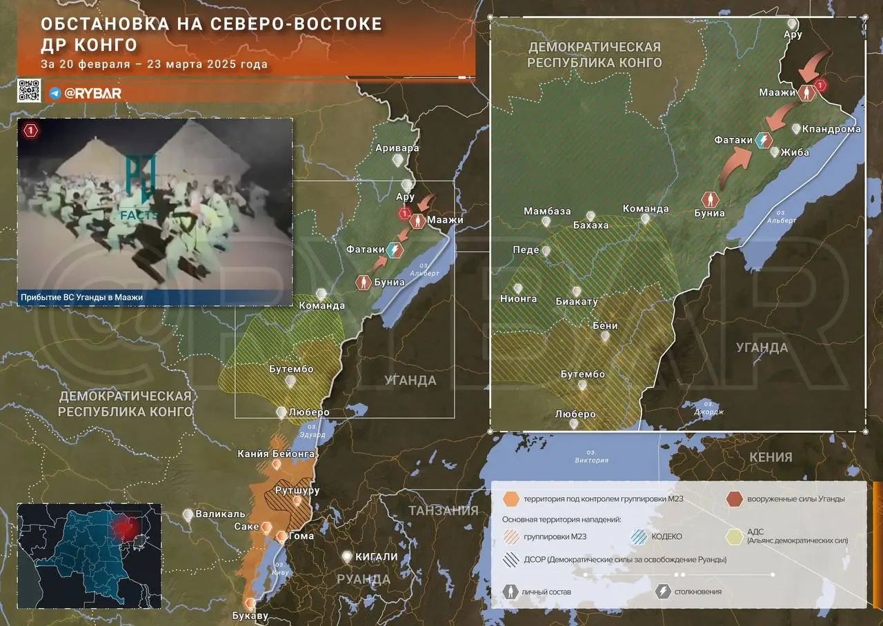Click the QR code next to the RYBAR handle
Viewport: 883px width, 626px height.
click(x=30, y=91)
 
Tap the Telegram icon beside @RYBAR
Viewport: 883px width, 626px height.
click(x=54, y=93)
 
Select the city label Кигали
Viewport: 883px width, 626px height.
click(x=376, y=557)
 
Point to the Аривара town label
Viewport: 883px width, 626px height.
click(x=397, y=148)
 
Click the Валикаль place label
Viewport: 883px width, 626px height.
click(x=220, y=514)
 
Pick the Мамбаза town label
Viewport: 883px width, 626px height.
click(x=547, y=210)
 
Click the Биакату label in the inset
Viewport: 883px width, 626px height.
click(x=577, y=301)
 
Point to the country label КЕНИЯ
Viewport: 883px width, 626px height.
click(x=769, y=457)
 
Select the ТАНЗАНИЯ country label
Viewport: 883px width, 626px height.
click(x=444, y=511)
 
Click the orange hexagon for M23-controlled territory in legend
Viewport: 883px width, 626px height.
click(x=511, y=499)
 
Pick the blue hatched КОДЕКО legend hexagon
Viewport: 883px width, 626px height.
click(x=638, y=536)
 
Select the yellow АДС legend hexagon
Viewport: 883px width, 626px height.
click(x=736, y=536)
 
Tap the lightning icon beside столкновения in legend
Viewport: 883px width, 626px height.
click(x=665, y=592)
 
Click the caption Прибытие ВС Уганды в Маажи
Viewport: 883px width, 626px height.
click(x=83, y=297)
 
